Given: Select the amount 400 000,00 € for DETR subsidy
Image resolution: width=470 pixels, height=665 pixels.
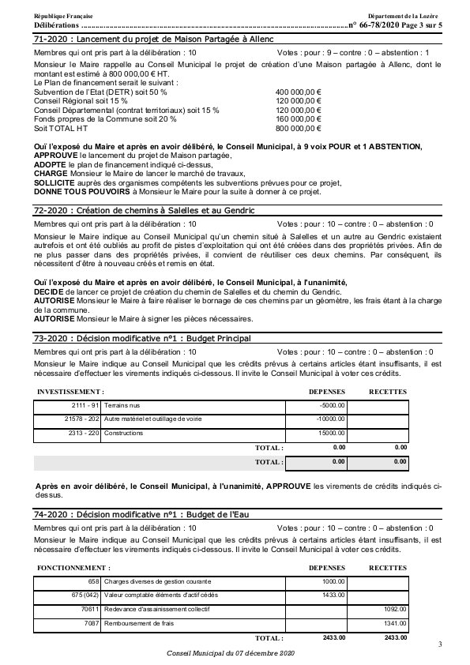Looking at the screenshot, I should [298, 92].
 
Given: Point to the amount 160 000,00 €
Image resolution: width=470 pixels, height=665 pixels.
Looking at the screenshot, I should [298, 118].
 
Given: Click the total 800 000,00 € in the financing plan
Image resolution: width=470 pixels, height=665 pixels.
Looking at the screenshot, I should [298, 127].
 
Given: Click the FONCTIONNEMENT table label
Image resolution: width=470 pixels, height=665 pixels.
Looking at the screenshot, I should [74, 567].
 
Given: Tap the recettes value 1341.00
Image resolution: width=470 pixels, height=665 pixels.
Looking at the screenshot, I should [394, 623].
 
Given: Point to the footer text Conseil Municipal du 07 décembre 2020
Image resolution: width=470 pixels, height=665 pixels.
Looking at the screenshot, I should [230, 654].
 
